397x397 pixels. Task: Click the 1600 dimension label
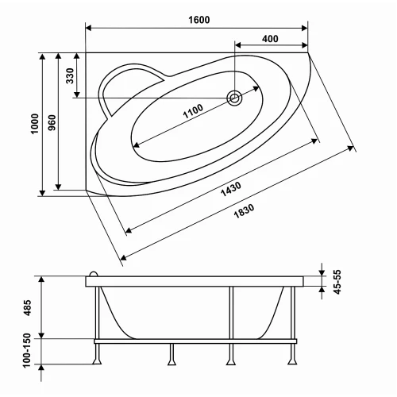point(199,20)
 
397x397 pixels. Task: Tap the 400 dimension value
point(270,39)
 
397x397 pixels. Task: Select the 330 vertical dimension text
point(70,75)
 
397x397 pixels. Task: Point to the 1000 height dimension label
point(35,124)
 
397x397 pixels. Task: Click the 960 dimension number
point(52,122)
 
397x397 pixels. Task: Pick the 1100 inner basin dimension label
point(193,111)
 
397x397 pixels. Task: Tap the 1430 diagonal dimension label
point(231,189)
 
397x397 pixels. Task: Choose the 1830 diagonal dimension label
point(244,211)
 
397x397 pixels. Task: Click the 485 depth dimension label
point(27,307)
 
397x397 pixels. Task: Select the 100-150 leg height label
point(27,350)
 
